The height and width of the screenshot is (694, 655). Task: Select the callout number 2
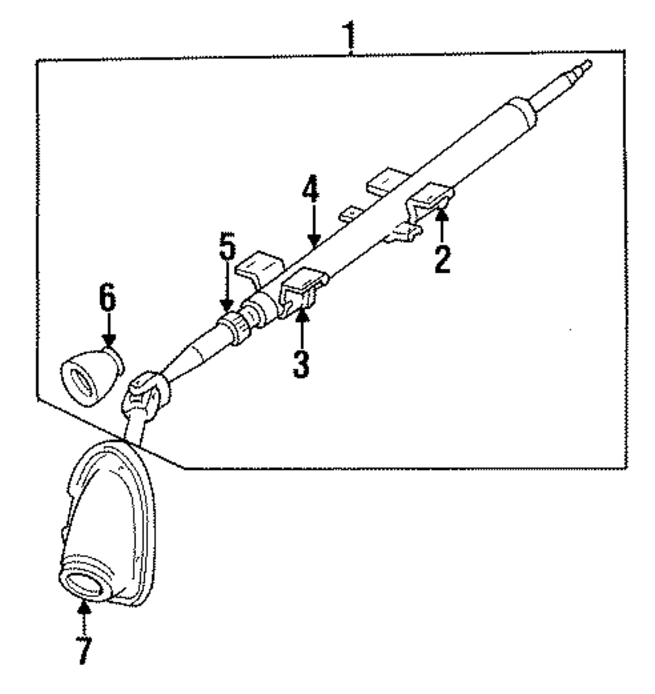click(442, 259)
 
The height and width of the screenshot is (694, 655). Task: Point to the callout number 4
click(312, 190)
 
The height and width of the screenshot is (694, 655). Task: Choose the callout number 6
click(107, 299)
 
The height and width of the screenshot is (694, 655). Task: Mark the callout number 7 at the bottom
click(83, 647)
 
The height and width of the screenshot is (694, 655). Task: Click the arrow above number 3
click(301, 324)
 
